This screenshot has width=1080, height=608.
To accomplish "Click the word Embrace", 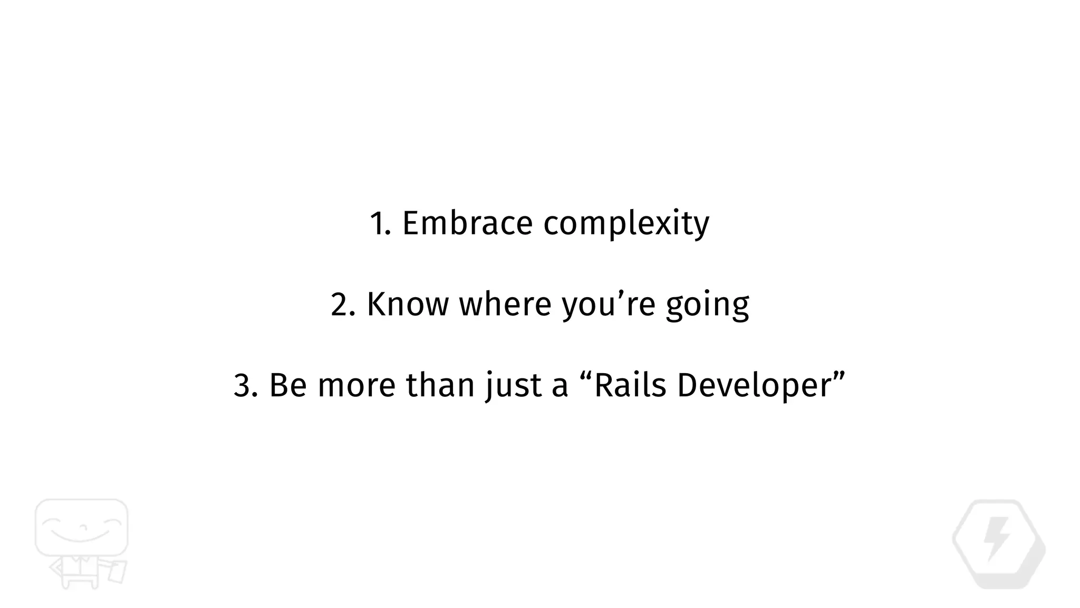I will coord(467,223).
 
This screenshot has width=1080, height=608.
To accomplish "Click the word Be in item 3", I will coord(288,385).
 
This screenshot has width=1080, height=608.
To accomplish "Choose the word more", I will coord(356,386).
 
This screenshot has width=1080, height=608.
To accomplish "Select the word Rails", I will coord(630,385).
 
